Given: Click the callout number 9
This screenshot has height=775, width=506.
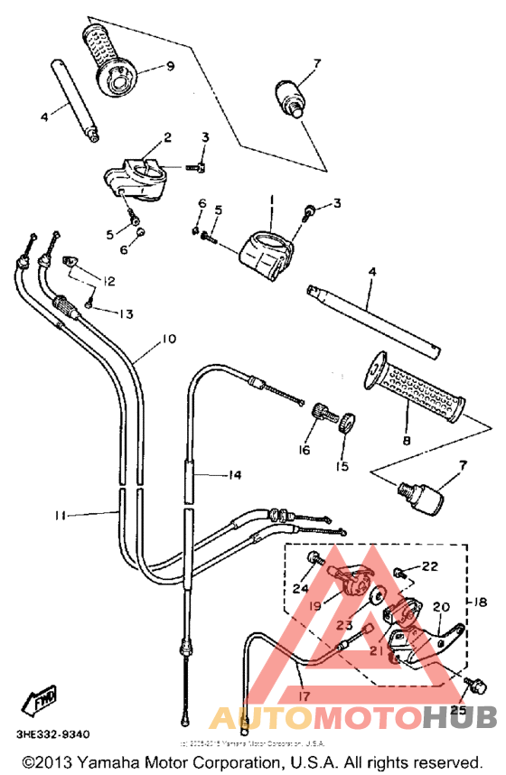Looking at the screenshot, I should pyautogui.click(x=169, y=66).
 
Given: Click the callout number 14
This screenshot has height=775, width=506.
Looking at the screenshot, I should pyautogui.click(x=236, y=473).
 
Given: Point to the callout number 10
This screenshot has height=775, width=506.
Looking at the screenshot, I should pyautogui.click(x=169, y=341).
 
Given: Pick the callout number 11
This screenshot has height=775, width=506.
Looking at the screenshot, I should pyautogui.click(x=60, y=515).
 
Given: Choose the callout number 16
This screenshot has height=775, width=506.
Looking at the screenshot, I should pyautogui.click(x=304, y=448).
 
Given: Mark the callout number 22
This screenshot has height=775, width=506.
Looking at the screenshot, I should pyautogui.click(x=428, y=565).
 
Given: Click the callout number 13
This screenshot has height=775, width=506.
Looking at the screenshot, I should pyautogui.click(x=124, y=314).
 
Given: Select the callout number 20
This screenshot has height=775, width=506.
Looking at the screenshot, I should pyautogui.click(x=442, y=607).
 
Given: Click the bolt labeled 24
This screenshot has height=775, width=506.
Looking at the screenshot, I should pyautogui.click(x=313, y=560).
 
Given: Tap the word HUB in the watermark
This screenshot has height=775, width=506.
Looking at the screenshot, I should pyautogui.click(x=460, y=717).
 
